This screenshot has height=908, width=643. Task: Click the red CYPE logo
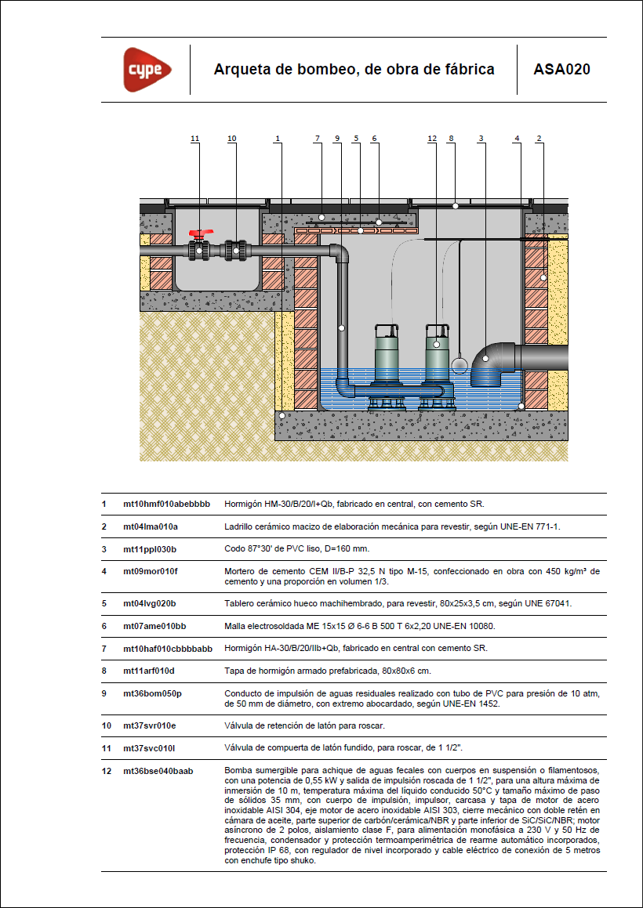pos(147,70)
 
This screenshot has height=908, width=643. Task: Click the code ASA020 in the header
pos(561,70)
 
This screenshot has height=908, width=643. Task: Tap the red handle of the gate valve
pos(199,234)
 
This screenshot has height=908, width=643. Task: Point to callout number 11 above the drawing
pos(194,139)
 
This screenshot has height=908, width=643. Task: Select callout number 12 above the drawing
pos(431,139)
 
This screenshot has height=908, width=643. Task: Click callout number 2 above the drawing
pos(539,139)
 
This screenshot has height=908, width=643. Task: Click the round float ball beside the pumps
pos(460,364)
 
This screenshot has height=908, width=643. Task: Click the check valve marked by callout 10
pos(235,250)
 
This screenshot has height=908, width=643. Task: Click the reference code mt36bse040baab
pos(158,771)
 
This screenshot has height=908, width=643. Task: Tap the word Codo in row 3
pos(234,548)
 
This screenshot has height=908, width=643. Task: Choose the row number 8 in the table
pos(104,671)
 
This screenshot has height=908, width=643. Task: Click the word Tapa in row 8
pos(234,671)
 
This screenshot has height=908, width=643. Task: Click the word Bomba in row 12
pos(237,771)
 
